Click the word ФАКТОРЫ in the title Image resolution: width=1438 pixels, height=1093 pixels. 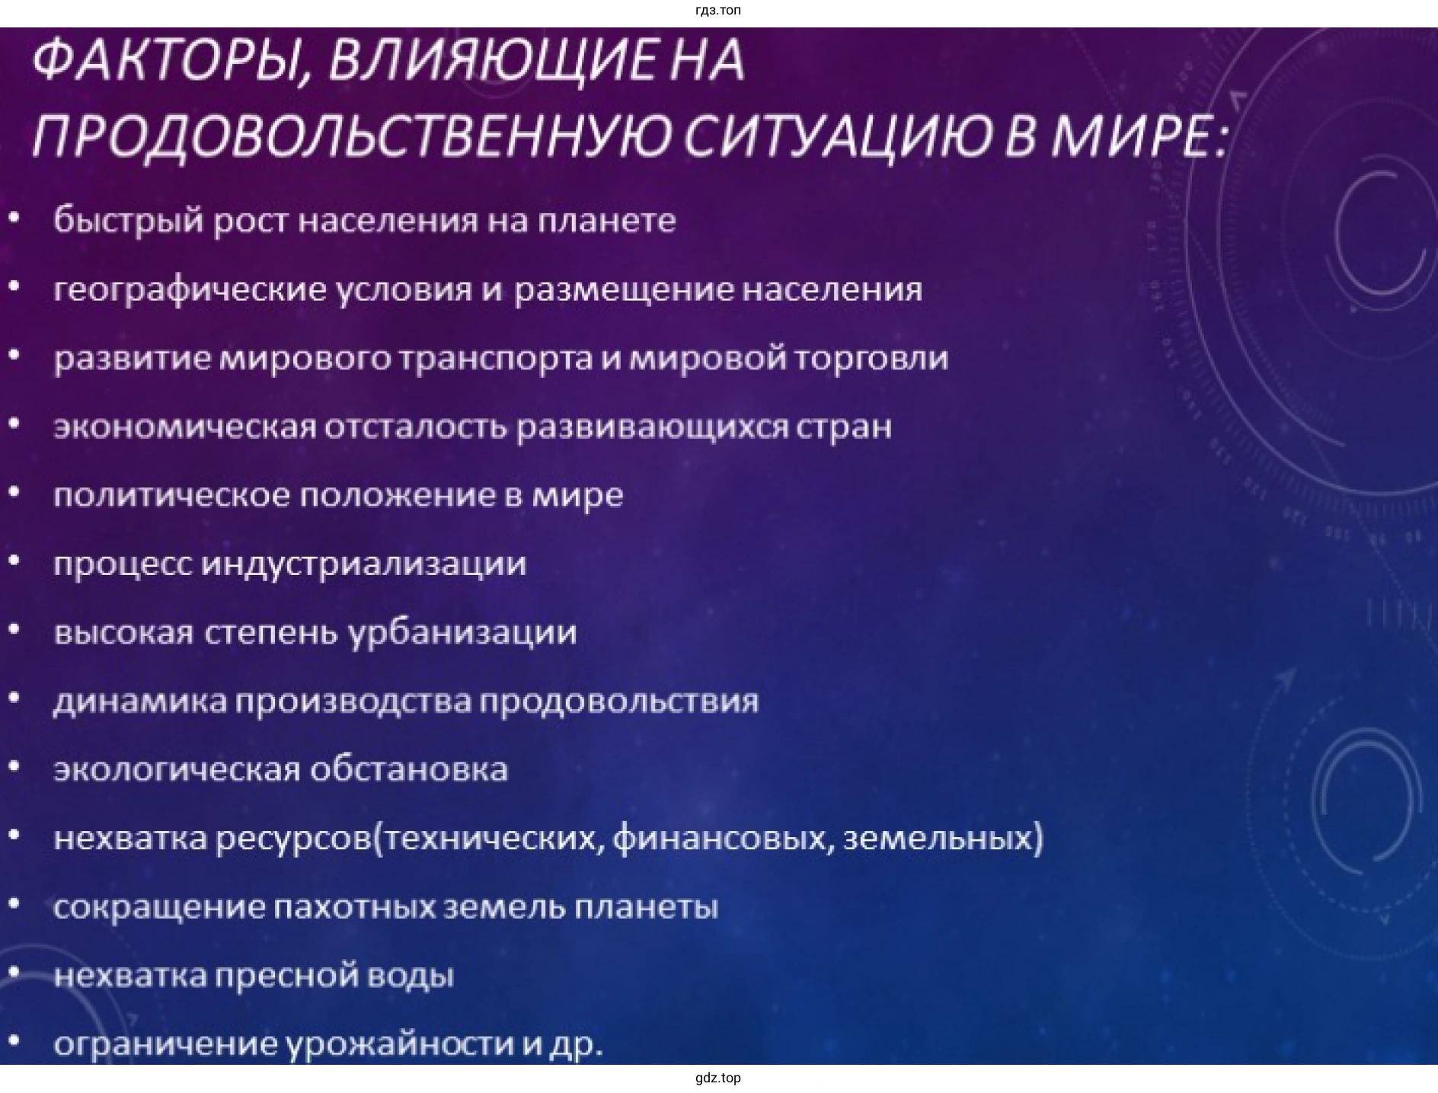point(168,61)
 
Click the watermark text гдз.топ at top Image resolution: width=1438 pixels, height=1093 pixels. point(718,11)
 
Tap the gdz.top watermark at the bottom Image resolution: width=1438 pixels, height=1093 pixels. point(718,1078)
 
